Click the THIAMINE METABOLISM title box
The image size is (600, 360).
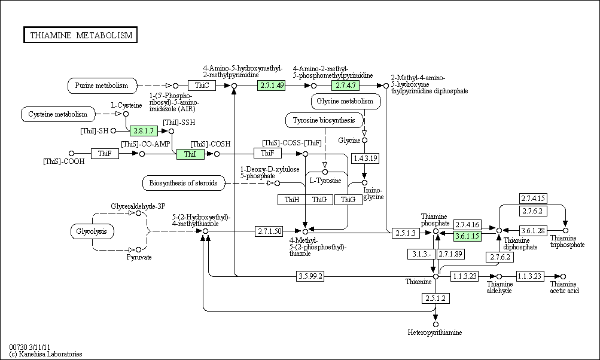(80, 35)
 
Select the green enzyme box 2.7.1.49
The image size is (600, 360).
(272, 86)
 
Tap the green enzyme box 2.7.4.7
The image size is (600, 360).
(346, 86)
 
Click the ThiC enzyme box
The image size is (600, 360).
(202, 86)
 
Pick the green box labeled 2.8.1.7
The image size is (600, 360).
(144, 131)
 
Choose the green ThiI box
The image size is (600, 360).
(190, 154)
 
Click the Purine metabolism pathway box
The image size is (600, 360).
(102, 86)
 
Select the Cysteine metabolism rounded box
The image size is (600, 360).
(58, 114)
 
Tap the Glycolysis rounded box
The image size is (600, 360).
(92, 231)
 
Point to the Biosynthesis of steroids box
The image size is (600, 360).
(184, 183)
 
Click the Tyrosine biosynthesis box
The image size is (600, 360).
(324, 121)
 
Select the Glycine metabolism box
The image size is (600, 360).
(346, 102)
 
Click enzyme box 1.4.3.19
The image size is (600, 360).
(365, 158)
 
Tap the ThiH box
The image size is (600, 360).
(291, 199)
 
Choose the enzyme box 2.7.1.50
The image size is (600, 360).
(269, 231)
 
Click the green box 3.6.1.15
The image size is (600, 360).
(467, 236)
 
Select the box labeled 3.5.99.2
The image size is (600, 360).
(310, 276)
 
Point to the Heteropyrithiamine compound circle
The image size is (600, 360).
(435, 325)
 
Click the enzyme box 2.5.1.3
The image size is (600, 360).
(406, 233)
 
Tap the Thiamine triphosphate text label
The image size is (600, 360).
(568, 242)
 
